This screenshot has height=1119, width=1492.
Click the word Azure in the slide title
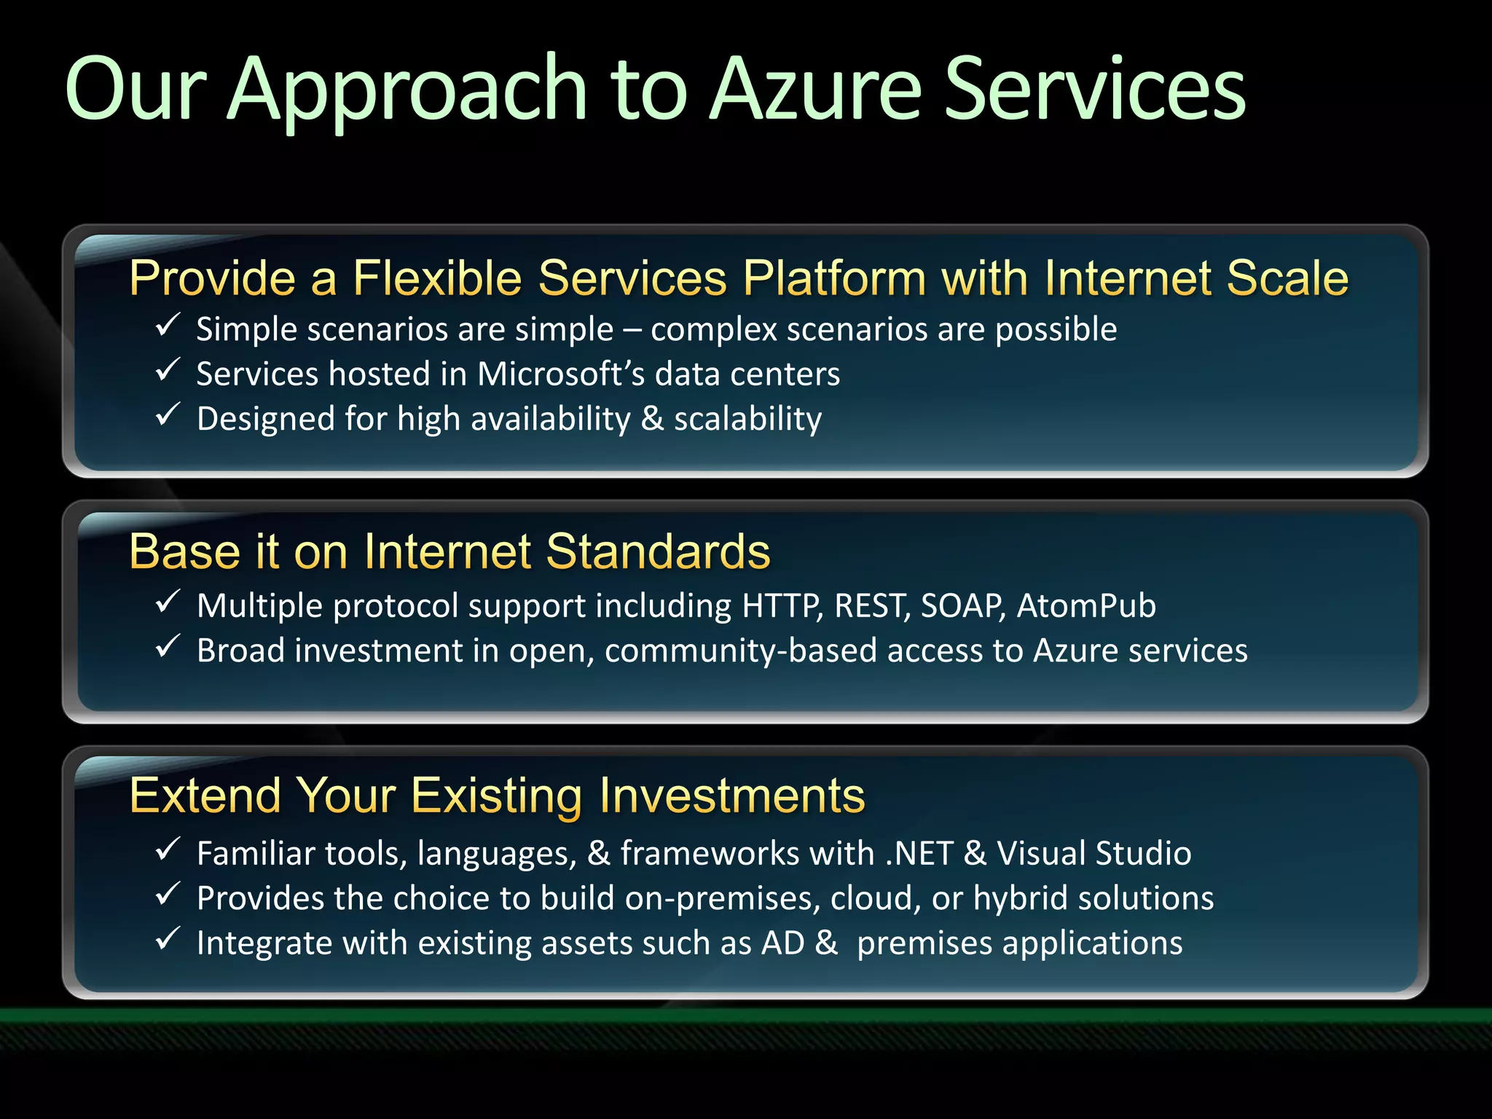coord(816,91)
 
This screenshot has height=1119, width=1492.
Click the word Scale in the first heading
coord(1287,278)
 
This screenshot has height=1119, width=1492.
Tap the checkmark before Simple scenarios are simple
coord(168,325)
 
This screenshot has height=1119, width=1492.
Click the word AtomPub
coord(1086,606)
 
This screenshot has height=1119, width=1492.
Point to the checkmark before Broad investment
coord(168,646)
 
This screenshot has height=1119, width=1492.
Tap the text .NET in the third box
coord(919,854)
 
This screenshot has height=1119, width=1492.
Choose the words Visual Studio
coord(1094,854)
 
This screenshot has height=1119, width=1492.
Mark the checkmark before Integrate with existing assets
coord(168,939)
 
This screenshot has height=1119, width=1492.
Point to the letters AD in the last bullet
coord(782,943)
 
